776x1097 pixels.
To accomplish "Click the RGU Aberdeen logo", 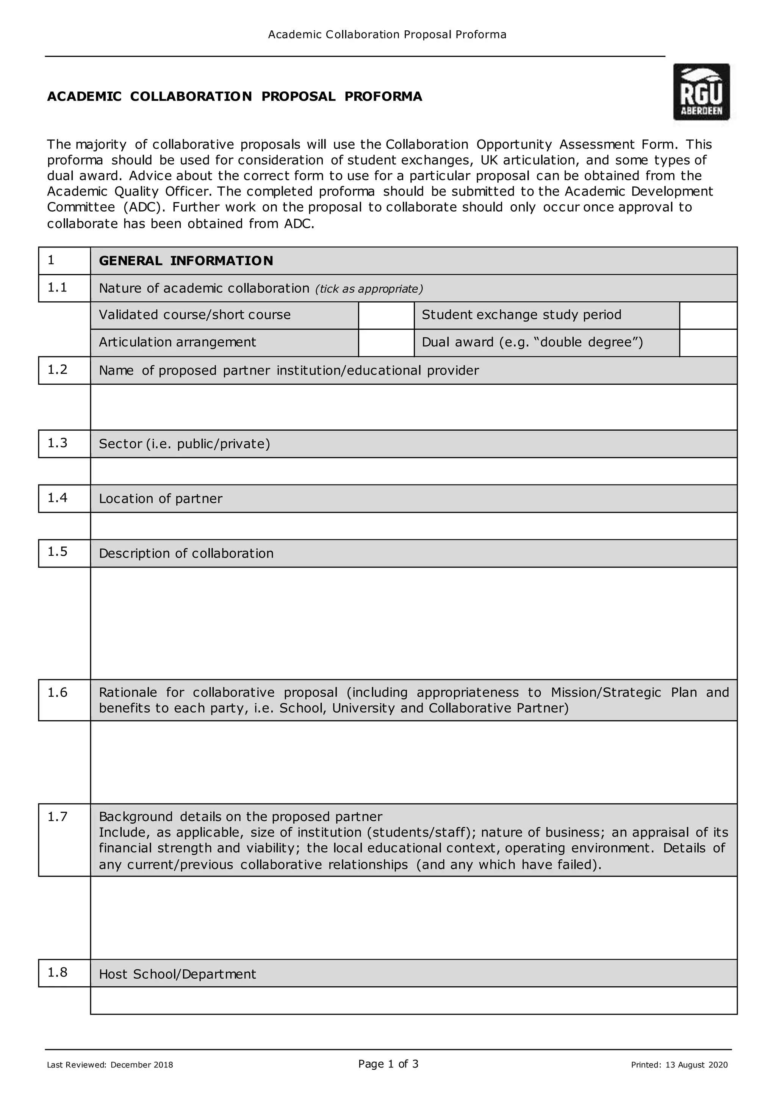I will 701,92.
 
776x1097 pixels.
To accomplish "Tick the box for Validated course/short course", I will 386,315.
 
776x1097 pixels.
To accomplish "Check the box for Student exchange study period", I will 708,315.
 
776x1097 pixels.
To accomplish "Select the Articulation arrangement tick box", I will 386,343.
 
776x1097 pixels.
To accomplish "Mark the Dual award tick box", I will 708,343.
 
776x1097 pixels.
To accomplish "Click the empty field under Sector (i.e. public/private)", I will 413,471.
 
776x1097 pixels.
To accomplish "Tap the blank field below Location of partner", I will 413,526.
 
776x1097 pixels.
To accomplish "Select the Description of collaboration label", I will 186,553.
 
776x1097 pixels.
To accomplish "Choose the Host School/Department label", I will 177,974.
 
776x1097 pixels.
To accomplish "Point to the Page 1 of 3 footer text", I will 388,1064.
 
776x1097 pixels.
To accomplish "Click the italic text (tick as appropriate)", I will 369,289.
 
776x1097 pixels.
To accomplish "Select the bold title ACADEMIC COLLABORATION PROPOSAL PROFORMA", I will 235,97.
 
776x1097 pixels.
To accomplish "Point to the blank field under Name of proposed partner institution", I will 413,407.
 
